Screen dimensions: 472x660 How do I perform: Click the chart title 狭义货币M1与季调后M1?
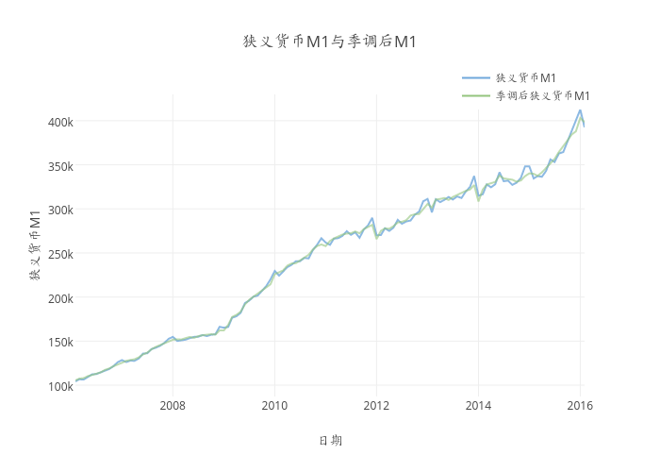[330, 42]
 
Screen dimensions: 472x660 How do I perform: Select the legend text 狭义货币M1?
[525, 77]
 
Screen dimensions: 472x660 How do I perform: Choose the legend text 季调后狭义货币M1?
[543, 95]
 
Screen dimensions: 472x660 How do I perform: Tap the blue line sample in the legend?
[475, 77]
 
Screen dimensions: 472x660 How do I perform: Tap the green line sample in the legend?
[475, 95]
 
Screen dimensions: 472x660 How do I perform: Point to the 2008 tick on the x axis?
[173, 406]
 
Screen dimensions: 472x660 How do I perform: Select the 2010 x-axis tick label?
[274, 406]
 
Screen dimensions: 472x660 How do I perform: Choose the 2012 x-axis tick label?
[376, 406]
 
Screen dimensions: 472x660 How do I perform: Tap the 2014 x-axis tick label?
[478, 406]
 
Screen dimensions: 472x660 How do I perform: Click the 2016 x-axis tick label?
[580, 406]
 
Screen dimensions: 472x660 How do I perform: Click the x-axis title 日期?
[330, 441]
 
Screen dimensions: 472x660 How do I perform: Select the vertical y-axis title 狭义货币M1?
[35, 247]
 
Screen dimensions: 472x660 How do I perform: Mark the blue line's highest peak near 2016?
[580, 110]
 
